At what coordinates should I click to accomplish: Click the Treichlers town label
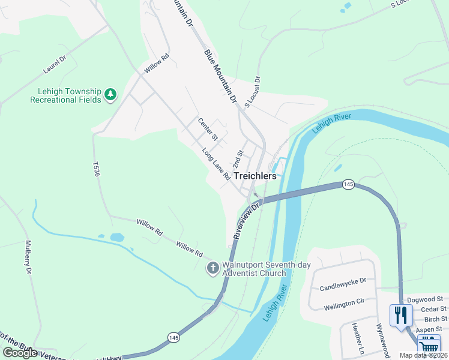(x=255, y=176)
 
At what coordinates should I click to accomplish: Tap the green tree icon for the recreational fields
(x=110, y=94)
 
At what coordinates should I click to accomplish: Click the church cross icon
(x=212, y=268)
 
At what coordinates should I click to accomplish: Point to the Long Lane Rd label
(x=216, y=164)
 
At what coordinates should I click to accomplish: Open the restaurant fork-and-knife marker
(x=400, y=314)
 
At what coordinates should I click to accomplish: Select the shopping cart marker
(x=429, y=346)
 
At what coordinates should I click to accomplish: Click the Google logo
(x=20, y=353)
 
